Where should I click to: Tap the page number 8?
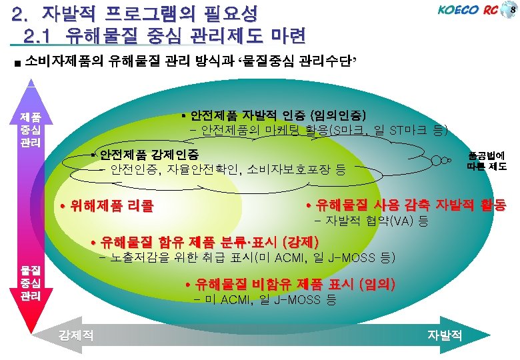[x=512, y=9]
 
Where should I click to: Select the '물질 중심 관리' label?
[x=29, y=281]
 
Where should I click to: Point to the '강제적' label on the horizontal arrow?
[x=75, y=336]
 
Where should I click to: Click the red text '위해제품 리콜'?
[x=106, y=206]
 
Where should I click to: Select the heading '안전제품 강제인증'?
[x=149, y=155]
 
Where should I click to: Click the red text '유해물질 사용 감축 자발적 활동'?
[x=405, y=205]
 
